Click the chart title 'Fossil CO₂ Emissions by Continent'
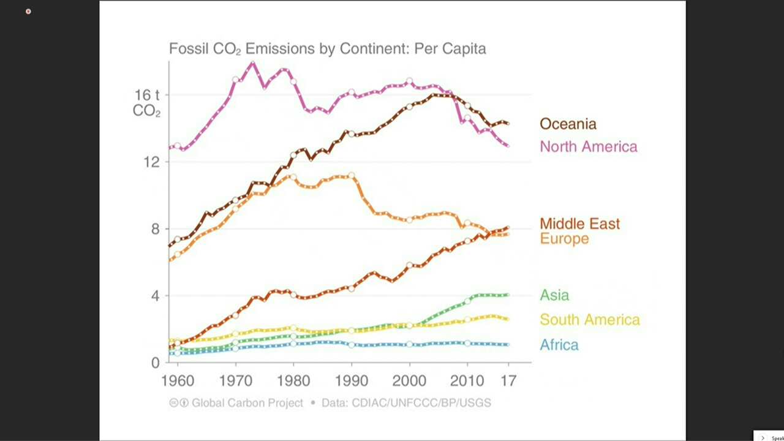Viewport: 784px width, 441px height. (327, 49)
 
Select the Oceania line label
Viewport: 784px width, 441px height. (567, 124)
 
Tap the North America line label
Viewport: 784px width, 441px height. (588, 146)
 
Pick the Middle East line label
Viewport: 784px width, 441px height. (579, 224)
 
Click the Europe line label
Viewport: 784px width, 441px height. (564, 239)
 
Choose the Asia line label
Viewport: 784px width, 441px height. (554, 295)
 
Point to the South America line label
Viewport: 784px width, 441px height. (589, 320)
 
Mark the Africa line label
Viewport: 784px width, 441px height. (559, 345)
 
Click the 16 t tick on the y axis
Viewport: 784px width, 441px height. (147, 95)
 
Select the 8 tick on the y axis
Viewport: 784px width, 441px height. (154, 229)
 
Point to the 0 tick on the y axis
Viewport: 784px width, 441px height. (154, 363)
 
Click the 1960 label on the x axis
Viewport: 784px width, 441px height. (178, 380)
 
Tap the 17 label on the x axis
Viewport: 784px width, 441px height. (508, 380)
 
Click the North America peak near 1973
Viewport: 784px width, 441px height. (252, 62)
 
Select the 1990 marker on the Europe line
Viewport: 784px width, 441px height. (351, 175)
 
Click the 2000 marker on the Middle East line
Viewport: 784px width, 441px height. (409, 265)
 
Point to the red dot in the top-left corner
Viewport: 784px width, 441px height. (28, 12)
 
